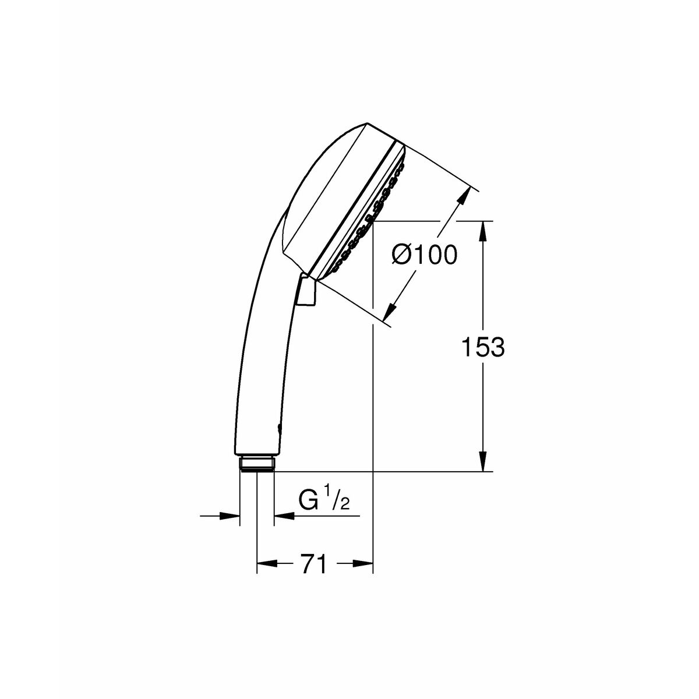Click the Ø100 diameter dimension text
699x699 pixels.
425,255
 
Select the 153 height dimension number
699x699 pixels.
482,348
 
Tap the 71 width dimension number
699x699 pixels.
315,564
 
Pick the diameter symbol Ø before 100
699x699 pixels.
402,255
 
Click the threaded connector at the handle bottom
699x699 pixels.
257,464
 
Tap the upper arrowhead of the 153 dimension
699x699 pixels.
482,230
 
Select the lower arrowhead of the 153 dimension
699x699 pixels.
482,462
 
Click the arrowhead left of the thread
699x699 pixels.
231,516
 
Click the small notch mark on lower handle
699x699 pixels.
280,429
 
